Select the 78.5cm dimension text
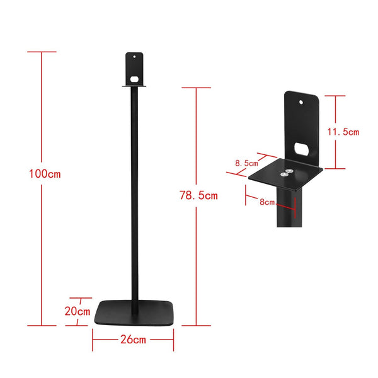click(x=198, y=195)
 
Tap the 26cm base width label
click(x=133, y=340)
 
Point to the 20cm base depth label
click(x=77, y=311)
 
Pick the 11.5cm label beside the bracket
click(x=343, y=132)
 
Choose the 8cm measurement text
click(x=266, y=202)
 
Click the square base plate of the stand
click(x=133, y=313)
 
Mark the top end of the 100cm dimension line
click(x=42, y=52)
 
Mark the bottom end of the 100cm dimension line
click(x=42, y=326)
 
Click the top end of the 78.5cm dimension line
click(x=198, y=88)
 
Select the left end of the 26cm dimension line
click(x=93, y=340)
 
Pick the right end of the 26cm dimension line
click(x=173, y=340)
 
